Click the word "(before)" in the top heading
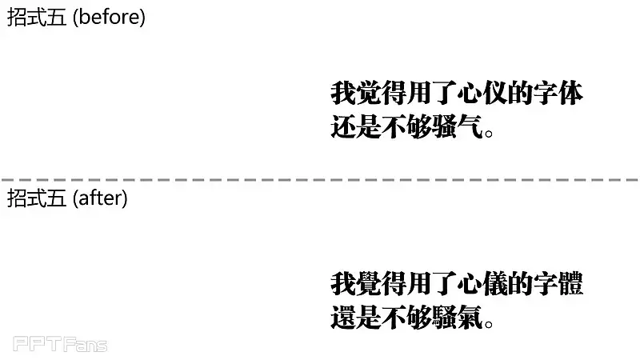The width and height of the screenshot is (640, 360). (109, 18)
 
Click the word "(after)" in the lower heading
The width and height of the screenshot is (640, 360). (100, 198)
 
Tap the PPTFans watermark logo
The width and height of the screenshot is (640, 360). (60, 344)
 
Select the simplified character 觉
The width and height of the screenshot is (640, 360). (368, 93)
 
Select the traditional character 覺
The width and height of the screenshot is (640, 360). (368, 284)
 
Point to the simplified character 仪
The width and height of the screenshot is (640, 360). (494, 93)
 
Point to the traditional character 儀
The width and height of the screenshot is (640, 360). (494, 284)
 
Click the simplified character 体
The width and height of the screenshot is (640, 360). (570, 93)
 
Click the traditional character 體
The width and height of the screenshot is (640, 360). (570, 284)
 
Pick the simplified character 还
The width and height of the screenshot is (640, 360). (343, 126)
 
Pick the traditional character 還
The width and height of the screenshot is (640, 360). (343, 317)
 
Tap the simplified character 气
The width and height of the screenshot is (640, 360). (470, 126)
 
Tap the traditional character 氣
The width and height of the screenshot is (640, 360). (470, 317)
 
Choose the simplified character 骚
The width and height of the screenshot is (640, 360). (444, 126)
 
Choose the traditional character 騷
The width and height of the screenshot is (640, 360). (444, 317)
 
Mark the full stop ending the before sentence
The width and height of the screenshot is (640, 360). (488, 133)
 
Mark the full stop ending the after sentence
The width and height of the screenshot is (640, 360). (488, 324)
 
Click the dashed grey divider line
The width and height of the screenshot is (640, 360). (320, 179)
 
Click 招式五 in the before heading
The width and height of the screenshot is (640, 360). (37, 18)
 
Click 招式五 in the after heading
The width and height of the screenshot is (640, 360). (37, 198)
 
